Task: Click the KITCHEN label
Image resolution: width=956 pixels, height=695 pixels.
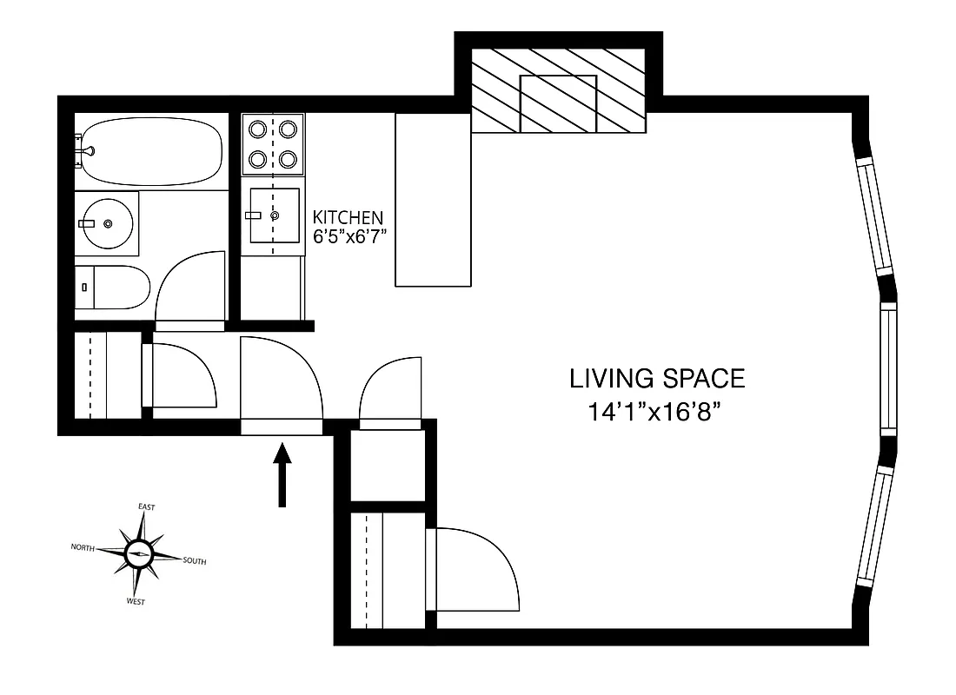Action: tap(348, 217)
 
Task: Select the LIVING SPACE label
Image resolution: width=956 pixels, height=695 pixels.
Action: tap(657, 379)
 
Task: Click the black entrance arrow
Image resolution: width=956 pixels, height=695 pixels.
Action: tap(282, 474)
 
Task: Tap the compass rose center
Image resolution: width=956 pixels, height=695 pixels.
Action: tap(138, 553)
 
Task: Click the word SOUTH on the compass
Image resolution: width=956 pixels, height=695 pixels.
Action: tap(195, 561)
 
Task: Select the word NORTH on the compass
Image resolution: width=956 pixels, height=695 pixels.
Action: tap(83, 547)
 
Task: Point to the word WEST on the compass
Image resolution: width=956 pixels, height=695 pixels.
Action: tap(136, 601)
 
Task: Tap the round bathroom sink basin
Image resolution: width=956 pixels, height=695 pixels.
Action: tap(107, 223)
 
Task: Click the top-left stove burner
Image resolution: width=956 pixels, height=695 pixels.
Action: tap(258, 129)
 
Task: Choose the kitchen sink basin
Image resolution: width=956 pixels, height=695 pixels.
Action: tap(275, 215)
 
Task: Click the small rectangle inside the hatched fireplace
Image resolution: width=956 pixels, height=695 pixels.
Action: tap(557, 103)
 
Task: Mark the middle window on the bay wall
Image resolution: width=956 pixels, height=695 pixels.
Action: tap(887, 369)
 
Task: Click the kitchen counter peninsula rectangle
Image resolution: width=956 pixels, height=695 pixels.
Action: tap(433, 200)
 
